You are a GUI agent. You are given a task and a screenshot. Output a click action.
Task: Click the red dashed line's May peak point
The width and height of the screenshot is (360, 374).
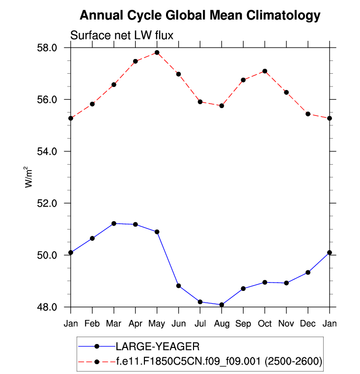pos(157,53)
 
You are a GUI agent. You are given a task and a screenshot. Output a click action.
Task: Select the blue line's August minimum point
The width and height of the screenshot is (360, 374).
pos(222,305)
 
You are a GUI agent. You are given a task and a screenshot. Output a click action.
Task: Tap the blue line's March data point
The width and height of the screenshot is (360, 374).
pos(114,224)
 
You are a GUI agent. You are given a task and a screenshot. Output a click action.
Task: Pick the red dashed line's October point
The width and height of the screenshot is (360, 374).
pos(265,71)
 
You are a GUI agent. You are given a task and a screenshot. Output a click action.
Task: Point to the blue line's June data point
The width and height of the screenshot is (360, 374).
pos(179,286)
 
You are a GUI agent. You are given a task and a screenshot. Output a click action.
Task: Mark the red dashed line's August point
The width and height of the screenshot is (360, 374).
pos(222,106)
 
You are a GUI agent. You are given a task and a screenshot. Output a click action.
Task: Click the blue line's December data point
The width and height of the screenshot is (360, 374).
pos(308,272)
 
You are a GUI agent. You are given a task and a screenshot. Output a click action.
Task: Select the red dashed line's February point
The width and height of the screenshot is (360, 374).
pos(92,104)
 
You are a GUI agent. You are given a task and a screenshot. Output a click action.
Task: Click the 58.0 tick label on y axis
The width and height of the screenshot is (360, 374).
pos(48,48)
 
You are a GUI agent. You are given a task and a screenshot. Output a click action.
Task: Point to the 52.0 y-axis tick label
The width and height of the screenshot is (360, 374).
pos(48,203)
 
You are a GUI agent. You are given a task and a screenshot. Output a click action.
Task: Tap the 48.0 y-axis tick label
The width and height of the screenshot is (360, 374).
pos(48,307)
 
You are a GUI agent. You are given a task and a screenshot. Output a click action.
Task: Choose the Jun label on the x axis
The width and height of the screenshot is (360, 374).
pos(179,323)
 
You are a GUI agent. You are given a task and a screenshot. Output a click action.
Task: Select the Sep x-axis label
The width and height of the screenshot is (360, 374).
pos(243,323)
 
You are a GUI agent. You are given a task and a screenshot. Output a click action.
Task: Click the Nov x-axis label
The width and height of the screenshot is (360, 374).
pos(286,323)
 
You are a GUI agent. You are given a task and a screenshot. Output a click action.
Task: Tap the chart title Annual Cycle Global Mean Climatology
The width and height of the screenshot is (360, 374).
pos(200,16)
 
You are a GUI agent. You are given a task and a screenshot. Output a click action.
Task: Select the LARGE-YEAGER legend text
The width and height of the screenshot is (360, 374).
pos(158,346)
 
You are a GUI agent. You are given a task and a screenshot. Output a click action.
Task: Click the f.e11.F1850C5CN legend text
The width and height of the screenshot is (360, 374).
pos(219,362)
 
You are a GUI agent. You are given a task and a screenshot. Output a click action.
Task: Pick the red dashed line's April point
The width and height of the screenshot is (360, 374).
pos(136,61)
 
